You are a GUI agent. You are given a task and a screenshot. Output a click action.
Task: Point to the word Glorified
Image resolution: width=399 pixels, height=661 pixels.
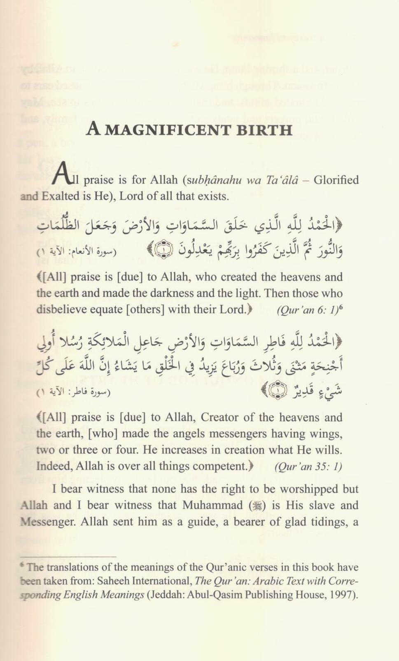pos(336,180)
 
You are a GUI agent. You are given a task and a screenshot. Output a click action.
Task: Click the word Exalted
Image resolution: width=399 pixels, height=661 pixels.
pos(65,196)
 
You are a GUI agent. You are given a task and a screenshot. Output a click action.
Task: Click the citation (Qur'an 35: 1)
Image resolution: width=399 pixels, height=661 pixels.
pos(308,467)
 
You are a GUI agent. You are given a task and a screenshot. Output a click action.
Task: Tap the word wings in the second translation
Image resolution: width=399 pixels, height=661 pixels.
pos(326,434)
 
